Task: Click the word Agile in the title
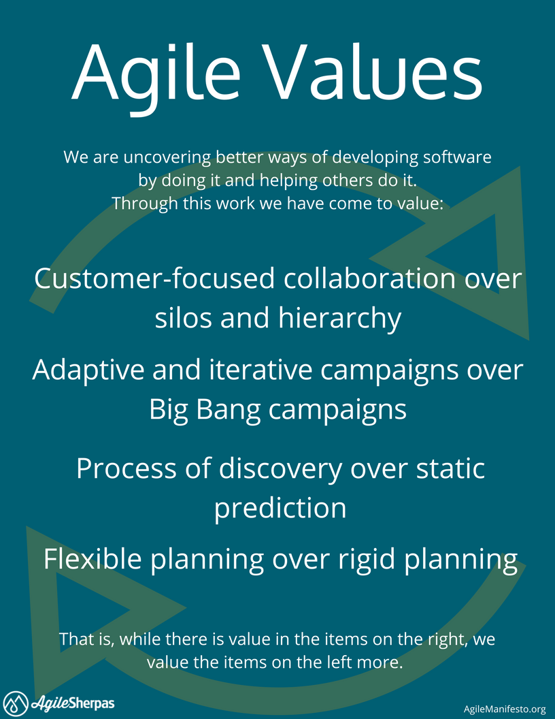pyautogui.click(x=156, y=76)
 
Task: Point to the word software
pyautogui.click(x=457, y=157)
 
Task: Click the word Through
pyautogui.click(x=145, y=203)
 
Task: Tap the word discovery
pyautogui.click(x=280, y=470)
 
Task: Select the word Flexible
pyautogui.click(x=92, y=560)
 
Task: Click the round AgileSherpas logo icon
pyautogui.click(x=15, y=703)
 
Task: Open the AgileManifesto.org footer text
pyautogui.click(x=505, y=709)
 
